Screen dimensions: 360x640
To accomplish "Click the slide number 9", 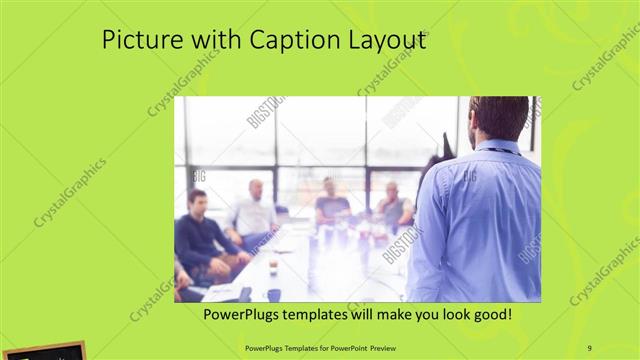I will (x=590, y=347).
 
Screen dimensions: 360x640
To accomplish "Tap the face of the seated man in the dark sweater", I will (x=198, y=199).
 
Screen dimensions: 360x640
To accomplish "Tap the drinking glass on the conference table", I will (x=273, y=267).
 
